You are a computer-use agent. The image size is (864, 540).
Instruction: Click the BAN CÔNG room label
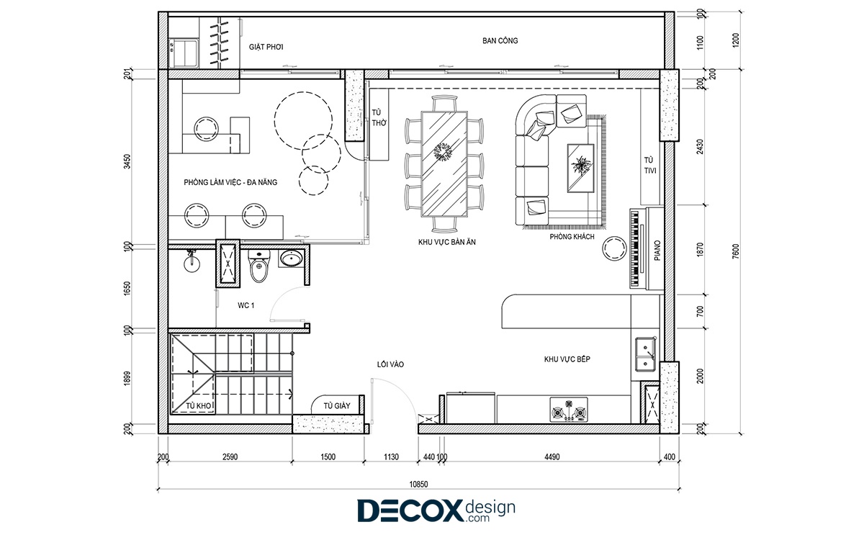[500, 40]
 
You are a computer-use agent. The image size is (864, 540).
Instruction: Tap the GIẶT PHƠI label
[266, 47]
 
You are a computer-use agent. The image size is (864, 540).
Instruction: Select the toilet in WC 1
[259, 266]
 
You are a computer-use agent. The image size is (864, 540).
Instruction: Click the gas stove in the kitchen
[569, 410]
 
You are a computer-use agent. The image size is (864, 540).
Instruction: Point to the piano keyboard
[636, 249]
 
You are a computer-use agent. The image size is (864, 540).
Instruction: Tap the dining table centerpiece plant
[444, 151]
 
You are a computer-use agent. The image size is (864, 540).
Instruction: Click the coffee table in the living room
[580, 168]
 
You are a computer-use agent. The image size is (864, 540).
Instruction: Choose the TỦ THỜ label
[379, 117]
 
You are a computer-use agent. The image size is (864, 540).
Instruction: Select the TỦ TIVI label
[649, 165]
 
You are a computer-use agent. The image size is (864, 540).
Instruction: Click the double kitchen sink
[646, 354]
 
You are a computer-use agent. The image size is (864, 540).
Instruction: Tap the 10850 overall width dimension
[418, 484]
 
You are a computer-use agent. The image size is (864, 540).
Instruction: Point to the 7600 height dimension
[736, 251]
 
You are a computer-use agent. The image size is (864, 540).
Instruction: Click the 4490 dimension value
[552, 457]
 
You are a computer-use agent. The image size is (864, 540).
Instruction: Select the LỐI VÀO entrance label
[390, 364]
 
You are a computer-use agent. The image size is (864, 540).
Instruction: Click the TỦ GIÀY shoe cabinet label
[337, 406]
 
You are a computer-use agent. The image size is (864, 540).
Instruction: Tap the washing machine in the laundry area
[184, 53]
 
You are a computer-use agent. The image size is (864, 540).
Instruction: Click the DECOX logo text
[410, 510]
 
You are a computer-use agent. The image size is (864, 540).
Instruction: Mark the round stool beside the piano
[615, 248]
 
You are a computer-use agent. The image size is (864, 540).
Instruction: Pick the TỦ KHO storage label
[198, 406]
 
